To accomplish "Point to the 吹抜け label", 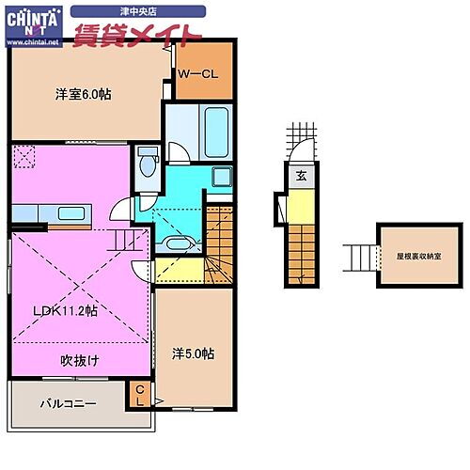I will tap(81, 360).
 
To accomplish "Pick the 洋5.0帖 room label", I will tap(193, 353).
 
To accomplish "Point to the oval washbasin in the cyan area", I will tap(176, 243).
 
